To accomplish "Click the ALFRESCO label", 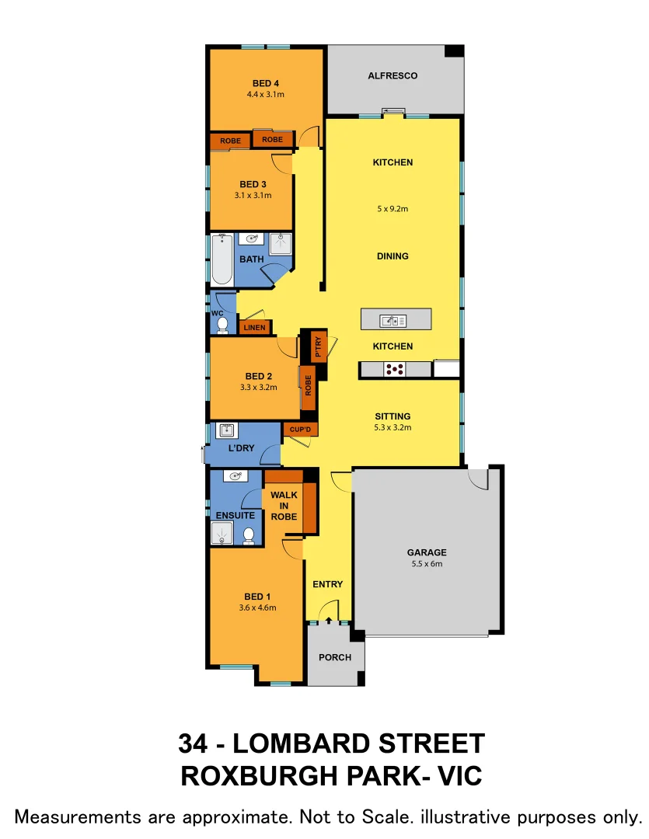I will (393, 76).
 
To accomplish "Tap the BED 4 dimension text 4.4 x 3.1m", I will (266, 95).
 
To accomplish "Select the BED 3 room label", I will (253, 184).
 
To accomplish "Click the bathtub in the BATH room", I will (222, 259).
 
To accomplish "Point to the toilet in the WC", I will (222, 325).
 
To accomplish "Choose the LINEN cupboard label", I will (254, 328).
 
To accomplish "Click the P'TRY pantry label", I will (318, 346).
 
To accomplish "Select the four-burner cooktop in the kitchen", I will (395, 370).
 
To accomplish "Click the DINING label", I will (393, 256).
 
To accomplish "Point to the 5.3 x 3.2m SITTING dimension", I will (393, 427).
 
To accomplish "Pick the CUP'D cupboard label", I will (300, 430).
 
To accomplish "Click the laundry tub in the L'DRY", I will (226, 430).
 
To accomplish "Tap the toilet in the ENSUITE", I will (249, 535).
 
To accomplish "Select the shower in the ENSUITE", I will (222, 534).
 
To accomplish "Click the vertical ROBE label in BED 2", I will (309, 386).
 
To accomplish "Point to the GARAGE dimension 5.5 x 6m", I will (427, 564).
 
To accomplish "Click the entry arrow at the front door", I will (329, 619).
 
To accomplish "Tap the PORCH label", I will (335, 657).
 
